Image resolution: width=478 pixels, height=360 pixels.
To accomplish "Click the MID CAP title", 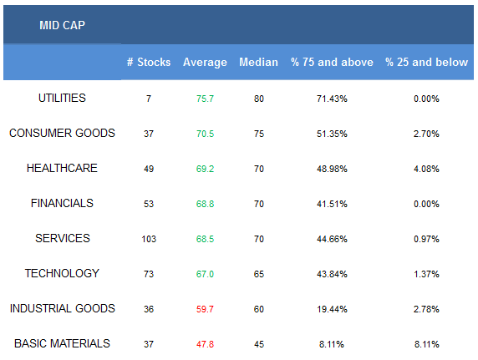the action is tap(62, 25).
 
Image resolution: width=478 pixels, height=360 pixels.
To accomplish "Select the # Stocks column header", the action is tap(149, 62).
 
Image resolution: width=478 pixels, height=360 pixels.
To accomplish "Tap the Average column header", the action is tap(205, 63).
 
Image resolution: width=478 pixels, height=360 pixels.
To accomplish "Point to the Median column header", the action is tap(258, 62).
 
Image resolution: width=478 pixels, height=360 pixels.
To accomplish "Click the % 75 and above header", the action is tap(332, 62).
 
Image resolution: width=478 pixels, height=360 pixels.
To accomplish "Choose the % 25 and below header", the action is tap(426, 62).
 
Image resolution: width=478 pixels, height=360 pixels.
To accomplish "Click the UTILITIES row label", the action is tap(62, 99).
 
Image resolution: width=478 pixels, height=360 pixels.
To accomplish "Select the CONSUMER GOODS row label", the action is tap(62, 133).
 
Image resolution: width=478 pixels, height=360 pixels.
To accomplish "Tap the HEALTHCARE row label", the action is tap(62, 168).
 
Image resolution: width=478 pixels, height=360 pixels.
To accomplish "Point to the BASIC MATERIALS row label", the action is tap(62, 343).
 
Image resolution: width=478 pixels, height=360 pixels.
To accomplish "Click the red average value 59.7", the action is tap(205, 309).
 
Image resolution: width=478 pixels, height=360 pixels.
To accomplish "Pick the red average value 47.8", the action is tap(205, 344).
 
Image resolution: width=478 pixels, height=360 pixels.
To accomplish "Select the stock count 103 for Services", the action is tap(149, 239).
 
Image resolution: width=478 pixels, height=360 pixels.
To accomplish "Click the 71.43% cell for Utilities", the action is tap(332, 99).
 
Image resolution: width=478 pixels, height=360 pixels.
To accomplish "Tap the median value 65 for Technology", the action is tap(259, 274).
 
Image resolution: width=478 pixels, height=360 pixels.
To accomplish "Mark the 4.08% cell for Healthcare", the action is tap(426, 169).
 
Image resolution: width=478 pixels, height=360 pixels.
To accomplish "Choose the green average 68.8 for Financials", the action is tap(205, 204).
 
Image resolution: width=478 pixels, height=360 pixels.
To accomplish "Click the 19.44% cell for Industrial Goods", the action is tap(332, 309).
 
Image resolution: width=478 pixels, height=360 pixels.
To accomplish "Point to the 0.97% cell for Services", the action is tap(426, 239).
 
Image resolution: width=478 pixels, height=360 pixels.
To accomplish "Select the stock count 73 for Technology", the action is tap(149, 274).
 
